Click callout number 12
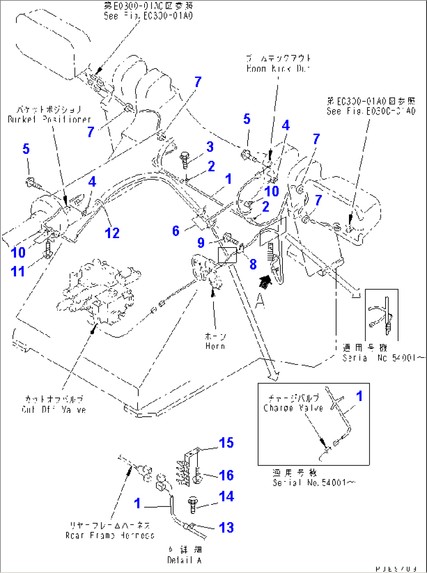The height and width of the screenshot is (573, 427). point(112,233)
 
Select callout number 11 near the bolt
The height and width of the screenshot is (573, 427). point(18,271)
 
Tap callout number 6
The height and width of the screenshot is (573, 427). point(176,231)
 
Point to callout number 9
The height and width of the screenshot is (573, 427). point(201,242)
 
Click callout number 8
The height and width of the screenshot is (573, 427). point(253,264)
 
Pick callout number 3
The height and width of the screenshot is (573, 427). point(210,147)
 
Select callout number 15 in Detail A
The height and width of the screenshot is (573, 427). point(226,443)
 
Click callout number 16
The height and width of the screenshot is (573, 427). point(226,475)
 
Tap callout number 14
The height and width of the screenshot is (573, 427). point(226,496)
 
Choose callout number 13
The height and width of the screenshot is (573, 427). point(226,527)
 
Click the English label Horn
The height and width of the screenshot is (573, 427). point(215,346)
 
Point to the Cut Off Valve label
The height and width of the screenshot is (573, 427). point(54,409)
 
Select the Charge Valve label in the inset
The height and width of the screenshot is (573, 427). point(293,408)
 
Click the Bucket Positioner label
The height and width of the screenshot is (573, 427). point(49,119)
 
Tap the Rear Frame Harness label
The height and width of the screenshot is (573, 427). point(110,535)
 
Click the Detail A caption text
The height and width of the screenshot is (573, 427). point(184,560)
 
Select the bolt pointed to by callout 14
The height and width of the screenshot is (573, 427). point(192,504)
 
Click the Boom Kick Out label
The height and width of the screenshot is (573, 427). point(278,69)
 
